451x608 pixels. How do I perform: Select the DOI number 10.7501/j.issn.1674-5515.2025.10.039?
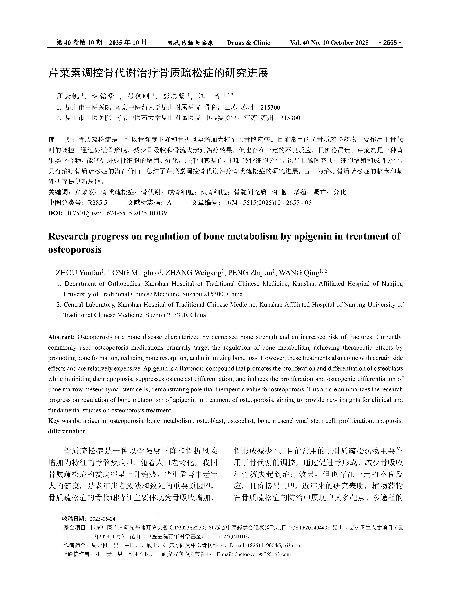tap(116, 213)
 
